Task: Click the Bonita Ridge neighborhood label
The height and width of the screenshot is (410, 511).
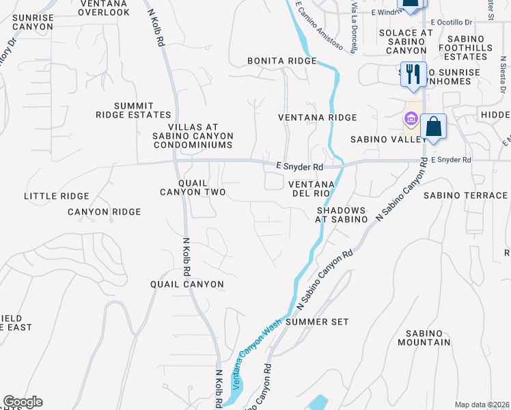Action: click(x=282, y=61)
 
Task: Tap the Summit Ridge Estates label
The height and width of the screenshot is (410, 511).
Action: click(x=133, y=110)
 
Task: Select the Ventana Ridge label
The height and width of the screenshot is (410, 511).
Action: click(x=317, y=118)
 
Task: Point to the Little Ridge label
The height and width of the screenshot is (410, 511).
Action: click(x=57, y=196)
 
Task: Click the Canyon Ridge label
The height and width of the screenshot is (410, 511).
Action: click(x=104, y=212)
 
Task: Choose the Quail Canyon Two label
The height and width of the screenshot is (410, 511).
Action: click(x=192, y=188)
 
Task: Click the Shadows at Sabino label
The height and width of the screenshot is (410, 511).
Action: click(x=341, y=215)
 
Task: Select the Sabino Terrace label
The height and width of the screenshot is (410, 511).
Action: click(x=467, y=195)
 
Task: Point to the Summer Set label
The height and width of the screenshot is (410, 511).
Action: click(x=317, y=321)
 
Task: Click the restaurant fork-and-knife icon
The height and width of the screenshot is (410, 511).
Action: click(x=412, y=73)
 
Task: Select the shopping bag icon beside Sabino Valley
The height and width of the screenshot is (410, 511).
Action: click(x=433, y=126)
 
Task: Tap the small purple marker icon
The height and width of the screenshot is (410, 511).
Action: click(x=410, y=120)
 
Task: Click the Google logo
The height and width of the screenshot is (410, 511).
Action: click(x=23, y=402)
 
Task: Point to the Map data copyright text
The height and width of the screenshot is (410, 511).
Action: click(x=482, y=405)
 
